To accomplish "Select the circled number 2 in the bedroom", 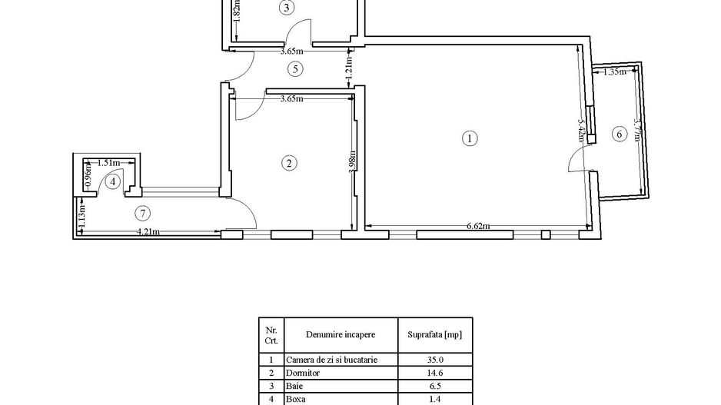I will pos(289,163).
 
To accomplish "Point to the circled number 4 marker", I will pos(113,181).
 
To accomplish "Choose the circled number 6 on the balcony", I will pos(619,134).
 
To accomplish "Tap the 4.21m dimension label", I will pos(148,231).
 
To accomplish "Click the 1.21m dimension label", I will pos(348,64).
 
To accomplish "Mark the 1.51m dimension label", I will pos(108,162).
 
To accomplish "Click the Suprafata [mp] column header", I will pos(434,334).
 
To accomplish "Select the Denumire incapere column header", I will pos(341,334).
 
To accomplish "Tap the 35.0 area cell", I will pos(434,359).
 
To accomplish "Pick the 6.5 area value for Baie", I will pos(434,386).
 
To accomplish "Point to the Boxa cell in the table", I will pos(296,399).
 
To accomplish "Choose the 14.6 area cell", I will pos(434,372).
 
